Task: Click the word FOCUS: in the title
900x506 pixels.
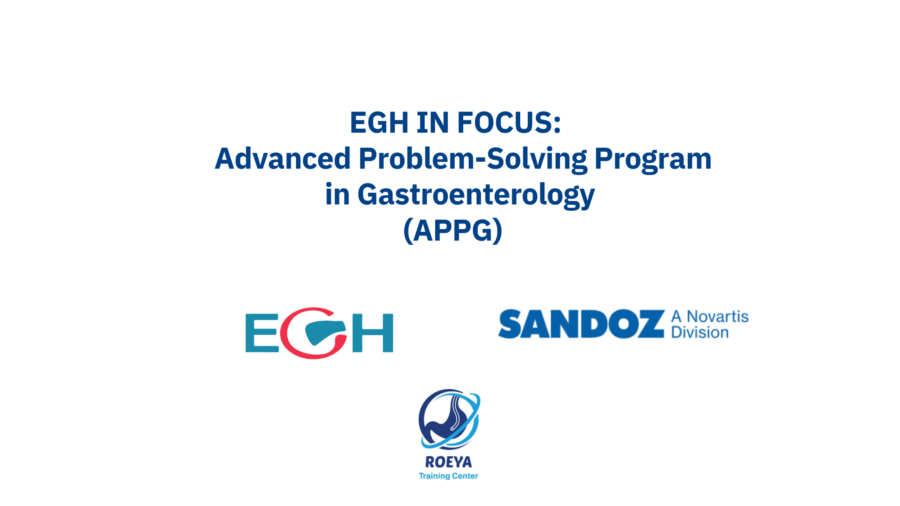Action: click(509, 122)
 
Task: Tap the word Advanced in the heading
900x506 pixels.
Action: click(283, 158)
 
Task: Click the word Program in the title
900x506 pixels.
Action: click(653, 160)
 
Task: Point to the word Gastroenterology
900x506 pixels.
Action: click(476, 195)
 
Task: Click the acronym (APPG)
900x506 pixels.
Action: click(453, 230)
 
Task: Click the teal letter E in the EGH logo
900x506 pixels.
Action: click(262, 333)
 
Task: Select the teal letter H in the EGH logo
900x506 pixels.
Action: click(373, 333)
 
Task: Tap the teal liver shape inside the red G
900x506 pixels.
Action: click(322, 331)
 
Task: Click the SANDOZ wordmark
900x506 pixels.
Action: click(581, 324)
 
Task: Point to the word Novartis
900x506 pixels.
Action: click(718, 317)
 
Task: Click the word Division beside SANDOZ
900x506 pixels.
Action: click(700, 332)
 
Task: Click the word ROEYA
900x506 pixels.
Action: click(449, 462)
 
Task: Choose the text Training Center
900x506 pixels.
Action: click(448, 476)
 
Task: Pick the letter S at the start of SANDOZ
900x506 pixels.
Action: click(510, 324)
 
